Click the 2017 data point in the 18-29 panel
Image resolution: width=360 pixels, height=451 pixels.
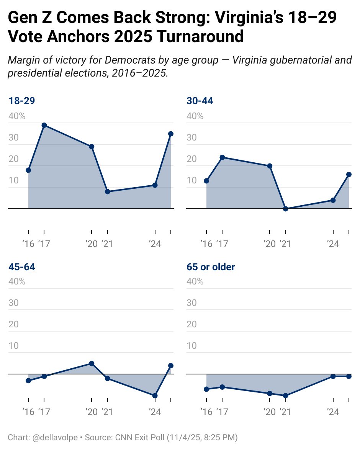tap(44, 125)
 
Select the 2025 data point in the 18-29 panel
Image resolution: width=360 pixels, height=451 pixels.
tap(171, 134)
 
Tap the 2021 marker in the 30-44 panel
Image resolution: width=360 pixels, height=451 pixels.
tap(285, 209)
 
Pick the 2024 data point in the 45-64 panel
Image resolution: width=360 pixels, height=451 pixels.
tap(155, 395)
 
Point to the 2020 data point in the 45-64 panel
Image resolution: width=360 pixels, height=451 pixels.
tap(92, 363)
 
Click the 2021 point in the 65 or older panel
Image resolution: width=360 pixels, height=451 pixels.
tap(285, 395)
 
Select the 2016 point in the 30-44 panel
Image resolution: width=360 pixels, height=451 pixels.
tap(206, 181)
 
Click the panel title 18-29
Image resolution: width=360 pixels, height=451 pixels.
tap(22, 101)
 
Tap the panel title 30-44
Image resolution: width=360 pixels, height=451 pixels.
tap(200, 101)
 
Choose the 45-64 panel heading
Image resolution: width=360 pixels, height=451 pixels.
tap(22, 267)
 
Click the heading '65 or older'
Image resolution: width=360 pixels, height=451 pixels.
tap(211, 267)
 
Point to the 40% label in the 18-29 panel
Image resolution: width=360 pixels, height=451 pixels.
tap(17, 116)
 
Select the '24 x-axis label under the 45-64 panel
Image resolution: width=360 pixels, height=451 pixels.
tap(154, 412)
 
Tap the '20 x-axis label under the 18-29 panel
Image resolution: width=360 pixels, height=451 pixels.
tap(92, 244)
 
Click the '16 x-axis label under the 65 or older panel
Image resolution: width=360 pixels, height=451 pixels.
tap(206, 412)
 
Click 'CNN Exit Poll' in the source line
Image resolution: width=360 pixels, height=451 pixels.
tap(138, 437)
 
